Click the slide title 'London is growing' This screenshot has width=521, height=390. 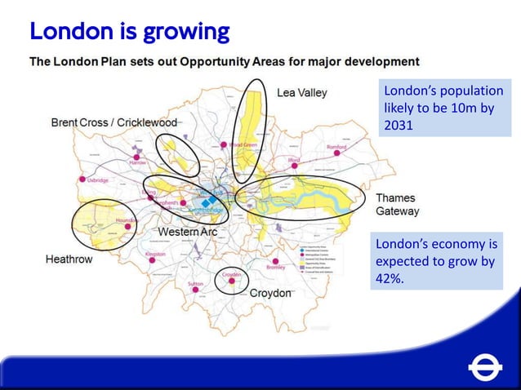(129, 32)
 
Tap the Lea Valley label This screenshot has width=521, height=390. (301, 93)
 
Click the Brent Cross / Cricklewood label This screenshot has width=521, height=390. (114, 122)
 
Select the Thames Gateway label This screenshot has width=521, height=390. (397, 204)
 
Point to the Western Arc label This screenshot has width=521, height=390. (187, 233)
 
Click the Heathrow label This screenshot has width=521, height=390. (69, 259)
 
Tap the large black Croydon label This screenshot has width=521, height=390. (270, 293)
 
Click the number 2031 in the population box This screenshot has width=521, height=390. (399, 125)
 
